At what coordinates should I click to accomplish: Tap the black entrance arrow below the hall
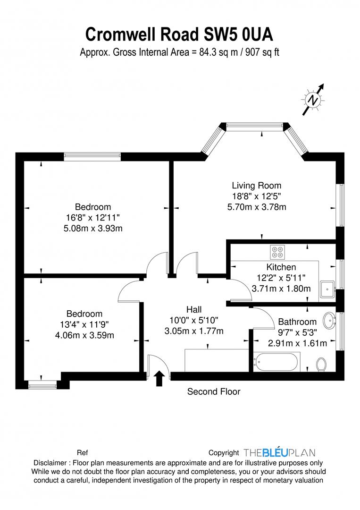click(159, 378)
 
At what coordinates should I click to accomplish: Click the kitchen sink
click(327, 288)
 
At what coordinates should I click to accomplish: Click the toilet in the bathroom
click(321, 364)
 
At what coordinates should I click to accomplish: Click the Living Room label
click(256, 186)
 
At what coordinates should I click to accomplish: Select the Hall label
click(194, 309)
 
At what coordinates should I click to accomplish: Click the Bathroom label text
click(297, 322)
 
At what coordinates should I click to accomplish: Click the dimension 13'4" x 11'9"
click(84, 325)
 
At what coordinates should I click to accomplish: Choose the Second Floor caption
click(214, 391)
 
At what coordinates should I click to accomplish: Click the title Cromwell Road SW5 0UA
click(179, 34)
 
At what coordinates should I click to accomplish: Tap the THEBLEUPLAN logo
click(279, 452)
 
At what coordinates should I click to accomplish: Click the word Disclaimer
click(50, 463)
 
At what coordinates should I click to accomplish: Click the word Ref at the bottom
click(82, 452)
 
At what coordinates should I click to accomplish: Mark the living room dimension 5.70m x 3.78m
click(256, 206)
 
